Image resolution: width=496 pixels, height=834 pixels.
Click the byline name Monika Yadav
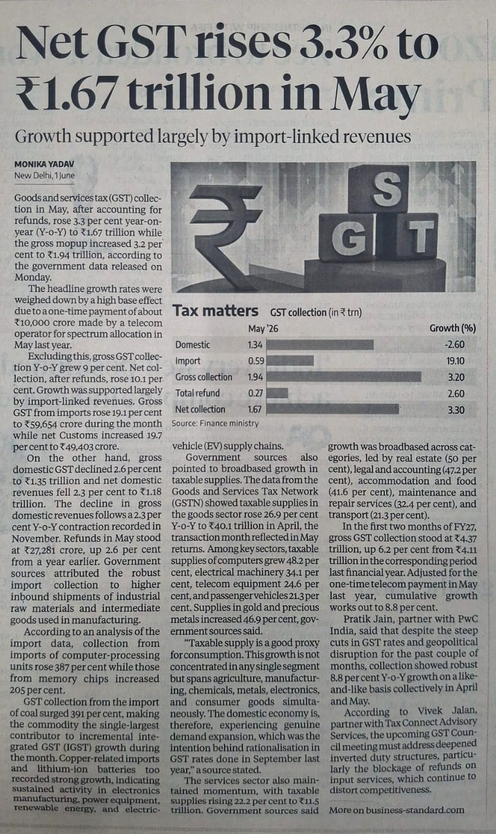[x=45, y=164]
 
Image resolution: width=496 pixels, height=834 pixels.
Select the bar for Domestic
[x=320, y=344]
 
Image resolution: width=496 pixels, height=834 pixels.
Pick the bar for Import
[x=290, y=360]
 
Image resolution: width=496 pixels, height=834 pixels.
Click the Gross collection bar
[x=344, y=376]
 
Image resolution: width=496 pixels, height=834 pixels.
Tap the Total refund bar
[x=277, y=393]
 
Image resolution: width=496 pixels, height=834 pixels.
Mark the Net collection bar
[x=333, y=409]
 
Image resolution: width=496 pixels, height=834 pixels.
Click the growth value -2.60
[x=454, y=344]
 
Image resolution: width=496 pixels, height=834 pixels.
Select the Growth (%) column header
[x=453, y=328]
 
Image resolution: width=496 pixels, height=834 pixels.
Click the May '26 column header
[x=263, y=329]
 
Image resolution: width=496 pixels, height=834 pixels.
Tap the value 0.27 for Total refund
[x=255, y=393]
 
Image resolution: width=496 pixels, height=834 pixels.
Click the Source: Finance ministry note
[x=215, y=423]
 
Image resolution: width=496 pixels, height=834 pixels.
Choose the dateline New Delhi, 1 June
[x=45, y=175]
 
